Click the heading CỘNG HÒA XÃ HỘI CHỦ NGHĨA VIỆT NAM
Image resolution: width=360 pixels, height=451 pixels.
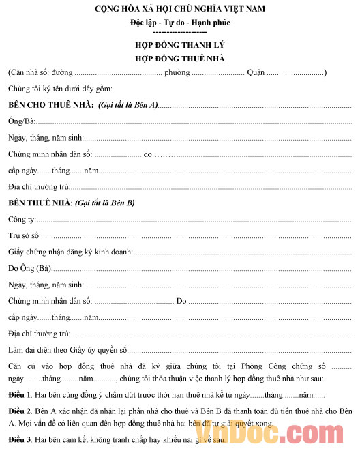click(180, 9)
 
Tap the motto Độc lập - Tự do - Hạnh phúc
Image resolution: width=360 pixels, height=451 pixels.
click(180, 23)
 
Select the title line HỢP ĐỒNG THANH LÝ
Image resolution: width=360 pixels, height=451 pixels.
click(180, 46)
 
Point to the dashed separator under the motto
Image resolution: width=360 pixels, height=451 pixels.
click(180, 32)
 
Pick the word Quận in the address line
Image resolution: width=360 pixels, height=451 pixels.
click(256, 72)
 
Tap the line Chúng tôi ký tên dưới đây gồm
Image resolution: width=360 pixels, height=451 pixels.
click(60, 89)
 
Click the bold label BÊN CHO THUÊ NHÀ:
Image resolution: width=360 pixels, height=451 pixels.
click(51, 105)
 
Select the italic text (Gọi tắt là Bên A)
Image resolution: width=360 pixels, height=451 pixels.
click(128, 105)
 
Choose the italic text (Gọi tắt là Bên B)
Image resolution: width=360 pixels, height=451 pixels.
click(105, 203)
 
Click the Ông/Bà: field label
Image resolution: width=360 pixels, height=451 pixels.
click(21, 121)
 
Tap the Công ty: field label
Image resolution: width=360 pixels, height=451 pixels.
click(22, 220)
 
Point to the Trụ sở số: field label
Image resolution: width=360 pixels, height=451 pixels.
click(25, 236)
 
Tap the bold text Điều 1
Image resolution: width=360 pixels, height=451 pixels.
click(20, 396)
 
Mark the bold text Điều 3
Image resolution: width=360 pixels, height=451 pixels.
click(20, 439)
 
